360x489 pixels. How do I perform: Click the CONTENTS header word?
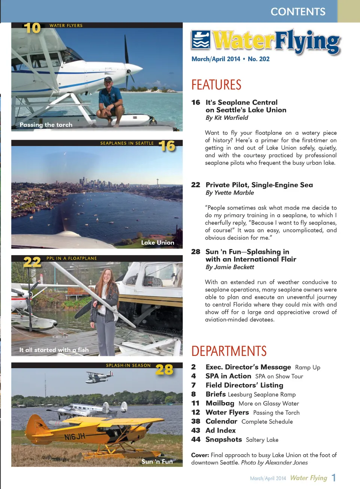point(298,12)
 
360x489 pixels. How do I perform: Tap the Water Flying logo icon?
point(201,40)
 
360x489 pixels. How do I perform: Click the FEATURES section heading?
point(216,85)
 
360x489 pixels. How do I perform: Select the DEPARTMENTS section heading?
point(229,351)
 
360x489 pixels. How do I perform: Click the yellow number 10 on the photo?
point(32,28)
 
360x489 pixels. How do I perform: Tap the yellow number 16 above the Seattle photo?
point(167,146)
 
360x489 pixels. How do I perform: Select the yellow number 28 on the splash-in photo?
point(164,370)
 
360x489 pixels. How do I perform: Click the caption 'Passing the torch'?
point(46,125)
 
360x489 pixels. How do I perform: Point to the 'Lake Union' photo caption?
point(157,242)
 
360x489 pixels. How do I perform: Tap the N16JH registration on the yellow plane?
point(75,437)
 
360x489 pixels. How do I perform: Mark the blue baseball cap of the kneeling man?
point(108,79)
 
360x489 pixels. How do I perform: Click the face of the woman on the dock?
point(107,277)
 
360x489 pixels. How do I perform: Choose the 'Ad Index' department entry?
point(220,431)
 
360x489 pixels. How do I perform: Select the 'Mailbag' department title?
point(220,403)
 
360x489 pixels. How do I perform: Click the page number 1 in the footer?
point(333,478)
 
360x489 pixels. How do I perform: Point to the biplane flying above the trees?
point(99,376)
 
